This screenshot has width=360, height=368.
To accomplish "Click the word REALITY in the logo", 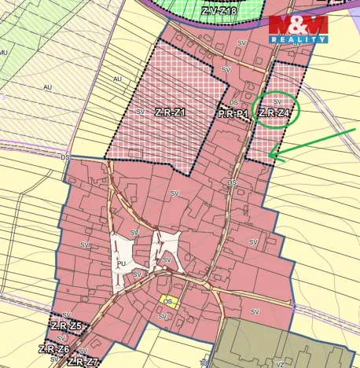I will [x=298, y=39].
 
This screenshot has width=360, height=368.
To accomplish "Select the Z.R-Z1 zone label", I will [x=169, y=112].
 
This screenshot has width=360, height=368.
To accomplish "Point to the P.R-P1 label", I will [x=233, y=114].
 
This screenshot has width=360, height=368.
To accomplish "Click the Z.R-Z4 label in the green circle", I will [x=276, y=113].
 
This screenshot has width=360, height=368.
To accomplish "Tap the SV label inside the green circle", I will [x=277, y=101].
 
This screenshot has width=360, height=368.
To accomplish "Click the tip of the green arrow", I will [x=270, y=156].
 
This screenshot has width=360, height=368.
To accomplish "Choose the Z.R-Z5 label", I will [x=66, y=326].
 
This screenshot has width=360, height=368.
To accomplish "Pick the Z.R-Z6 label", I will [x=53, y=349].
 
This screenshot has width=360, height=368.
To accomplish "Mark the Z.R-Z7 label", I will [x=83, y=362].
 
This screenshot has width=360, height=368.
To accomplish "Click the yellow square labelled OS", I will [x=168, y=300].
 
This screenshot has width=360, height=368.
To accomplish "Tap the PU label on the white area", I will [x=121, y=264].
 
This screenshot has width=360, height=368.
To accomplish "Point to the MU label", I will [x=4, y=52].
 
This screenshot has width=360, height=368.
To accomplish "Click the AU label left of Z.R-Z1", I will [x=118, y=79].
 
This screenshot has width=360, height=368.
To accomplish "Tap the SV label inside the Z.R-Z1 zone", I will [x=141, y=112].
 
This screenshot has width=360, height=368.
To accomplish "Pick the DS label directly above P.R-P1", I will [x=234, y=103].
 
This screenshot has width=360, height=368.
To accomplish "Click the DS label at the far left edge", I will [x=64, y=156].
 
